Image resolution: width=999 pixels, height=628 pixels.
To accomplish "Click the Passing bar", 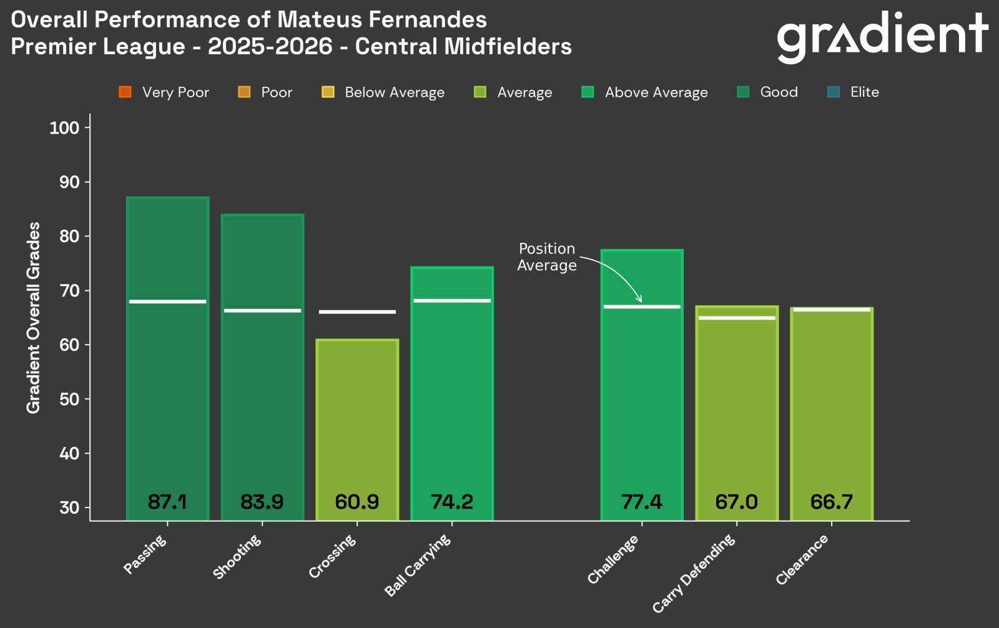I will coord(167,375).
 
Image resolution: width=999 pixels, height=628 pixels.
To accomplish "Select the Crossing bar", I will coord(357,424).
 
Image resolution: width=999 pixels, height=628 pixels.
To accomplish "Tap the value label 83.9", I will coord(262,502).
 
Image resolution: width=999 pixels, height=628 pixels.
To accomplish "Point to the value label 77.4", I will coord(642,502).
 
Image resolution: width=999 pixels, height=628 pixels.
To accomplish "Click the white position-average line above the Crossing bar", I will coord(357,312).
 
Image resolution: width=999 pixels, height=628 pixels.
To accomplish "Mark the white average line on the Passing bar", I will coord(167,302).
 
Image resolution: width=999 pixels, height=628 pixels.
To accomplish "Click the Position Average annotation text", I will coord(547,257).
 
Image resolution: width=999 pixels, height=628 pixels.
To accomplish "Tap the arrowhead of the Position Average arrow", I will coord(639,300).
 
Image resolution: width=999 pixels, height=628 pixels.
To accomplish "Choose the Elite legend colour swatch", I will coord(834,92).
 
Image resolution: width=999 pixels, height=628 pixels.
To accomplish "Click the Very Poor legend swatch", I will coord(125,92).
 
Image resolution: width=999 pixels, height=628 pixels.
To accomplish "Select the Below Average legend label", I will coord(395,92).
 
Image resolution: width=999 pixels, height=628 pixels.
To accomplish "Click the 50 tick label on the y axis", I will coord(69,400).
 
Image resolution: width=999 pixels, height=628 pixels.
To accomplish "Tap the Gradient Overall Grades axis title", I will coord(33,317).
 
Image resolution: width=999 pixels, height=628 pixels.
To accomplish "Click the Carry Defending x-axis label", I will coord(695,573).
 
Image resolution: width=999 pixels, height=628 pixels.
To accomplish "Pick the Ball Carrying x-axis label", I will coord(418,565).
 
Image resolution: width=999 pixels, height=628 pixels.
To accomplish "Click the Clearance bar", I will coord(832,424).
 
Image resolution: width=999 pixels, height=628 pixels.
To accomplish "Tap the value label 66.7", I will coord(832,502).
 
